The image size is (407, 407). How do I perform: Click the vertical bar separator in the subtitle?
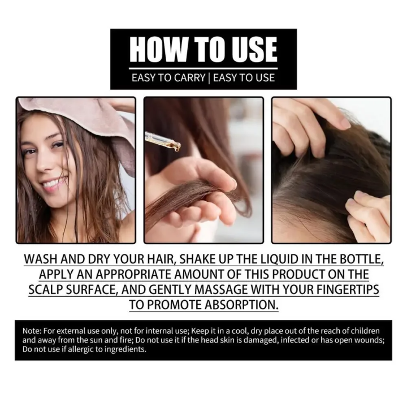pos(209,77)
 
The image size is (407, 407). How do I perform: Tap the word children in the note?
pos(363,330)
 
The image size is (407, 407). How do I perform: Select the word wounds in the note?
pos(368,340)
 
